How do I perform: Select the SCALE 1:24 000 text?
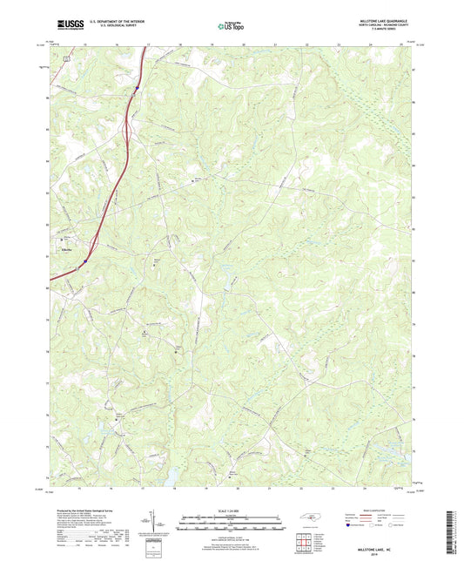[231, 510]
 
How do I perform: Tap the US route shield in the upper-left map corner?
[66, 55]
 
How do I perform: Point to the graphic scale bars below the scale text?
[231, 526]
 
